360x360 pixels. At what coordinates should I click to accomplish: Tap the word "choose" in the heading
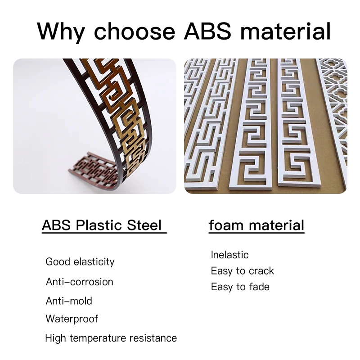(x=134, y=31)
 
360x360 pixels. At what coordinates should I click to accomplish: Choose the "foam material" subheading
(x=256, y=225)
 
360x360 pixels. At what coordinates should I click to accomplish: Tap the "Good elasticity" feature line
(x=80, y=262)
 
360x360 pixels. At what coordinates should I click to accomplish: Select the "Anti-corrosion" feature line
(x=80, y=282)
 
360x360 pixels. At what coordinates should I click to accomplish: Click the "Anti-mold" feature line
(x=69, y=301)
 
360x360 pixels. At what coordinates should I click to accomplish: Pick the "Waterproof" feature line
(x=72, y=319)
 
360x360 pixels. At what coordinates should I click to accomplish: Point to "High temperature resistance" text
(x=111, y=338)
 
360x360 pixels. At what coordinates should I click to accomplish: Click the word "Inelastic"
(x=229, y=255)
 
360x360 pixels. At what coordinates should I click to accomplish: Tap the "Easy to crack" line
(x=242, y=271)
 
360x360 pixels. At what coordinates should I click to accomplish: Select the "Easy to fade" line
(x=240, y=287)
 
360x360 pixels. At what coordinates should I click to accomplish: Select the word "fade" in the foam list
(x=259, y=287)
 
